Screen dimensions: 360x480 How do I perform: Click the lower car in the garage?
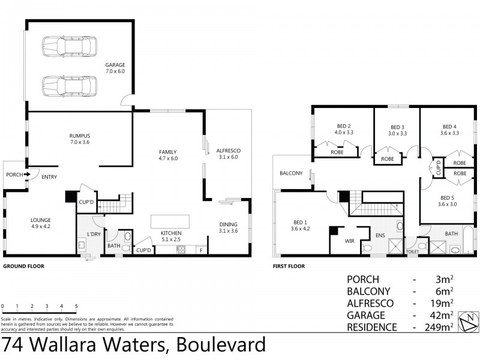69,85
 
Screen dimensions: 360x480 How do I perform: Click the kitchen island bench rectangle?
170,221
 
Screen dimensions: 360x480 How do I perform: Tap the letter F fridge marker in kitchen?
201,250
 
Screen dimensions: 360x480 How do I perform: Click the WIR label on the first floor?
350,242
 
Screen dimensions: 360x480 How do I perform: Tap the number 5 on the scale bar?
76,306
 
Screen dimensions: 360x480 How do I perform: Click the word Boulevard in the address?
221,346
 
